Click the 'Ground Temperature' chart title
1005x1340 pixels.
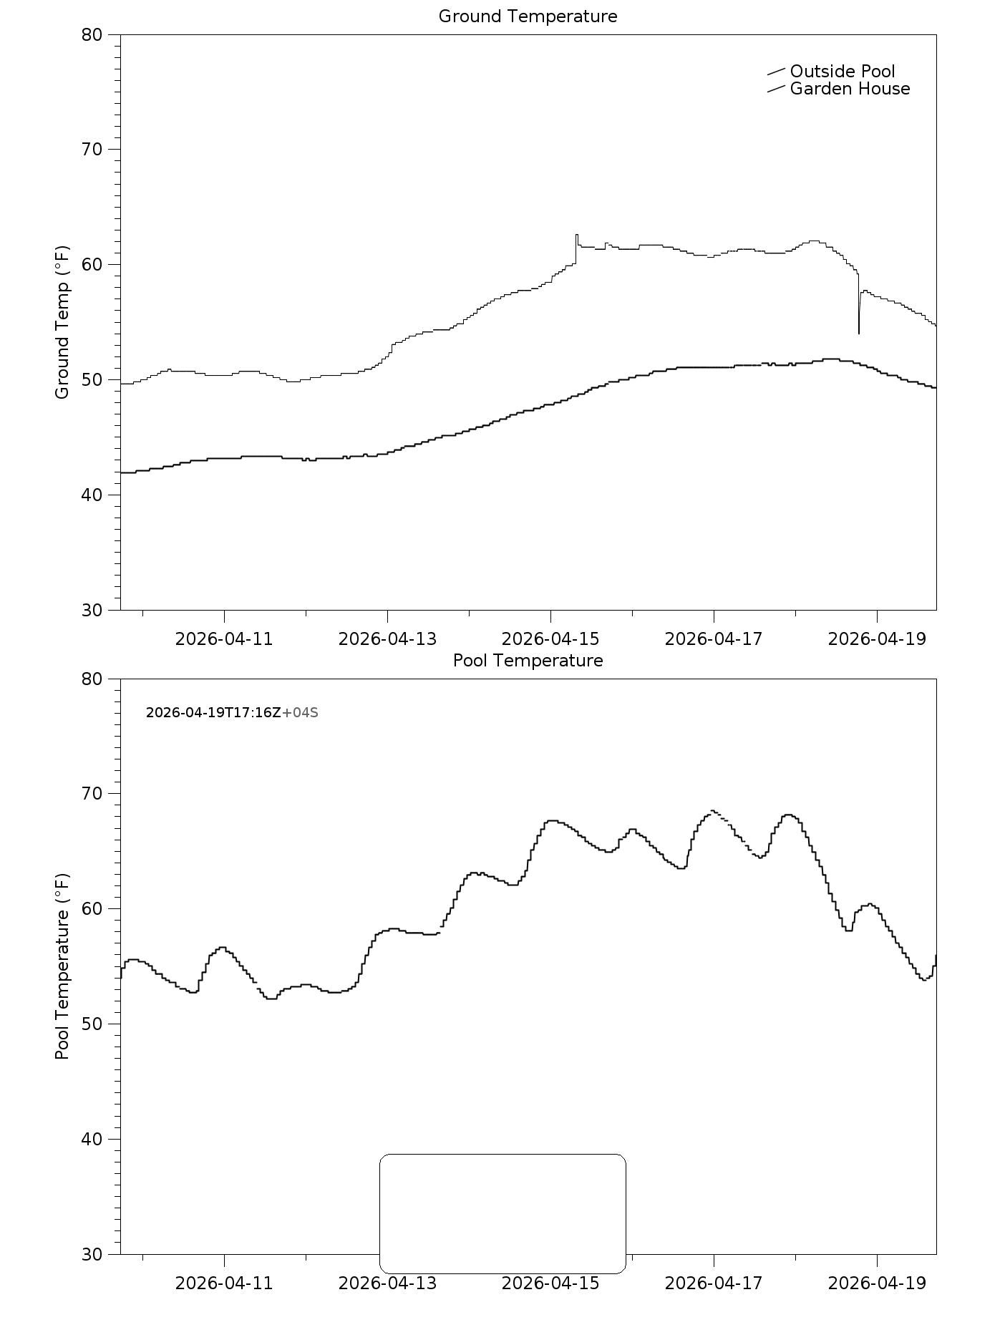pyautogui.click(x=528, y=16)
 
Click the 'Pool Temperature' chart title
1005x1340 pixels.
pyautogui.click(x=528, y=661)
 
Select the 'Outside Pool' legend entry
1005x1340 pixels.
pyautogui.click(x=842, y=72)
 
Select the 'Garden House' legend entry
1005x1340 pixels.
pyautogui.click(x=850, y=89)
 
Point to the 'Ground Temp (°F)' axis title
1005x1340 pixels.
pyautogui.click(x=62, y=322)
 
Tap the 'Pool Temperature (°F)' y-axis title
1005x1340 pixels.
pyautogui.click(x=62, y=966)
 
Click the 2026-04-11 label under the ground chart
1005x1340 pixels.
pyautogui.click(x=224, y=639)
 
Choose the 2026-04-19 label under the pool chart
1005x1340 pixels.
pyautogui.click(x=877, y=1283)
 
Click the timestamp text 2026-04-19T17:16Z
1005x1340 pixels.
pyautogui.click(x=213, y=713)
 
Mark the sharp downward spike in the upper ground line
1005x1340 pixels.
pyautogui.click(x=859, y=331)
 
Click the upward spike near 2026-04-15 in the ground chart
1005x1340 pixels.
pyautogui.click(x=576, y=236)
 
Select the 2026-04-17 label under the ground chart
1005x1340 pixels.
pyautogui.click(x=714, y=639)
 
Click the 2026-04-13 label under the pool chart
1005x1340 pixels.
pyautogui.click(x=387, y=1283)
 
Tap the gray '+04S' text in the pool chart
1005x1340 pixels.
pyautogui.click(x=301, y=713)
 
